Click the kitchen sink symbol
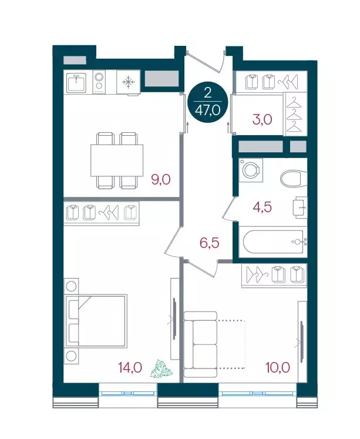76,82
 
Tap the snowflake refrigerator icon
129,82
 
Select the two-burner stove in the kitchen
99,82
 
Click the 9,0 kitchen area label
160,179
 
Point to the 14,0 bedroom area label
130,367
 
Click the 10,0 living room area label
278,367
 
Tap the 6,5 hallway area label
209,243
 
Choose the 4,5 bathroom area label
262,207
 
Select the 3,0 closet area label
263,120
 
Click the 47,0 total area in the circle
207,111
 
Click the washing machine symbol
251,170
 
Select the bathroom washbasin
300,207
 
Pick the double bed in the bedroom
96,321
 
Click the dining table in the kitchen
117,160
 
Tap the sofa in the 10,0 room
200,344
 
